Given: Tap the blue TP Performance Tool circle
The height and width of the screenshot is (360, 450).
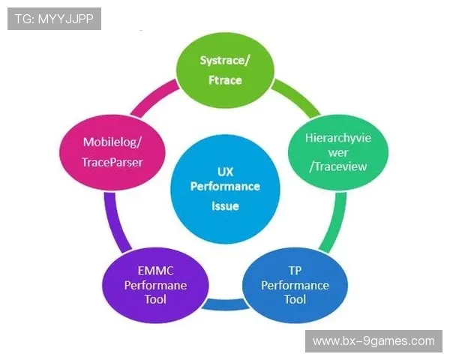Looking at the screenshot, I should tap(286, 285).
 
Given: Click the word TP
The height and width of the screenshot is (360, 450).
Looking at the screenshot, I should tap(286, 271).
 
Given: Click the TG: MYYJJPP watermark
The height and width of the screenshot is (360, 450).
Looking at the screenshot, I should tap(54, 19).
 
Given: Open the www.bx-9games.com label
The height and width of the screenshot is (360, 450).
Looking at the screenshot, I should tap(373, 341).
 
